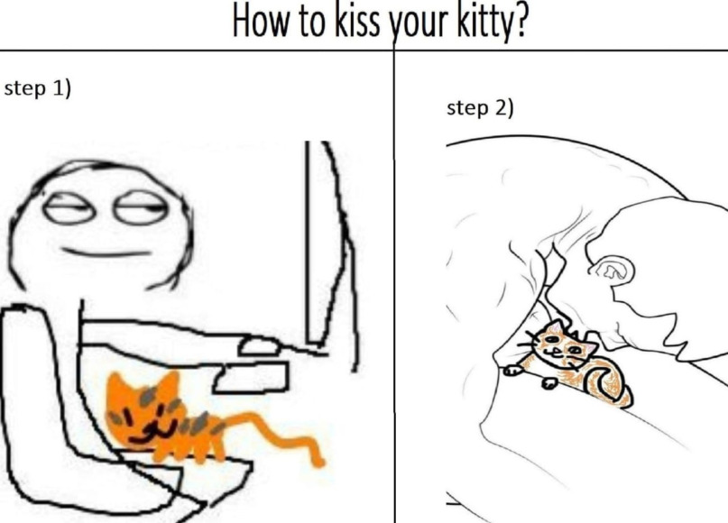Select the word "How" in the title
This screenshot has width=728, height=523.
coord(262,20)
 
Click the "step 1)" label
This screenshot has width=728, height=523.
coord(38,88)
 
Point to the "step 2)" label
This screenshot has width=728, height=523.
coord(480,108)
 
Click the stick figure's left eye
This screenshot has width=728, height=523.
coord(69,211)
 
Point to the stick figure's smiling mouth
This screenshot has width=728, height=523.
coord(106,252)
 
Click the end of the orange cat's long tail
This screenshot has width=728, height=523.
coord(318,462)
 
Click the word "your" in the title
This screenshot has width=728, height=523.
coord(418,24)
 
